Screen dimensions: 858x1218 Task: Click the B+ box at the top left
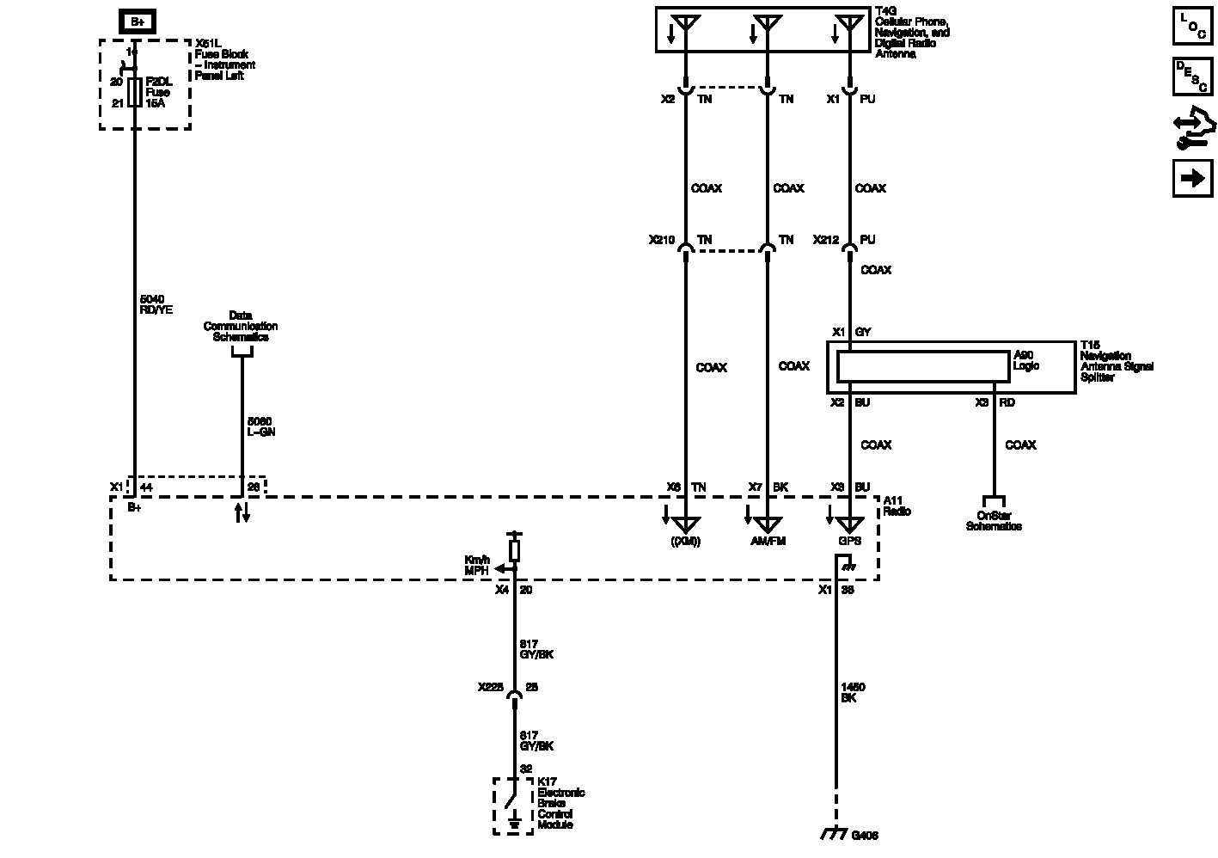[136, 21]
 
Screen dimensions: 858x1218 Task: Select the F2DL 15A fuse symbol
[135, 92]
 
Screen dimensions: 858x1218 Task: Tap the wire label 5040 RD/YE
[156, 304]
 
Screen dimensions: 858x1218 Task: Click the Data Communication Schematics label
[241, 327]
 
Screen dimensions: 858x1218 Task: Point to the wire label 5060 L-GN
[260, 426]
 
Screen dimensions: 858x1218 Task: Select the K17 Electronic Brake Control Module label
[560, 808]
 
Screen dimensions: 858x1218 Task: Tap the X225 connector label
[491, 688]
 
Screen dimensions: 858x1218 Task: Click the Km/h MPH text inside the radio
[477, 565]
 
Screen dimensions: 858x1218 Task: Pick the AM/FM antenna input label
[768, 542]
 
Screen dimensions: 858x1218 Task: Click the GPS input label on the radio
[849, 542]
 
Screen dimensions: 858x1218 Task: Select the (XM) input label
[686, 542]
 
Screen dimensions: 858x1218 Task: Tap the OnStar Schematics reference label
[994, 521]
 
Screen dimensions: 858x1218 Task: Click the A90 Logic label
[1026, 360]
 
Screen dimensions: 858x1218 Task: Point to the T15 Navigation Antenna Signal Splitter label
[1116, 361]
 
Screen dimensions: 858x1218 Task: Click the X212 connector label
[826, 240]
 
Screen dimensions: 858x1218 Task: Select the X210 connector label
[662, 240]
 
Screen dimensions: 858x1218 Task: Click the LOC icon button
[1192, 25]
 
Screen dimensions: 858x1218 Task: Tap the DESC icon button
[1192, 76]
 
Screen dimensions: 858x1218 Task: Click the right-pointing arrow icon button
[1192, 178]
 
